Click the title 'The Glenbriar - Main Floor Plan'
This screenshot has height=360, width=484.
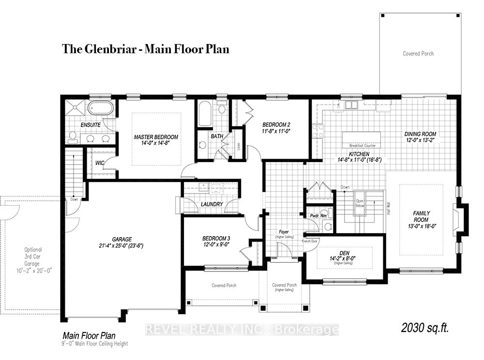[x=145, y=49]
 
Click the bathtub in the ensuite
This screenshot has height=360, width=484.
[x=101, y=108]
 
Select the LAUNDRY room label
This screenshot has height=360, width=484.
[x=212, y=204]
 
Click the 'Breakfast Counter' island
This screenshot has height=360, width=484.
[x=362, y=139]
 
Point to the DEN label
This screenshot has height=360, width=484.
[x=345, y=252]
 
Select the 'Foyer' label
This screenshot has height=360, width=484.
[x=284, y=232]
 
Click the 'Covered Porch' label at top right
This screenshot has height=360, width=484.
[x=418, y=54]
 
